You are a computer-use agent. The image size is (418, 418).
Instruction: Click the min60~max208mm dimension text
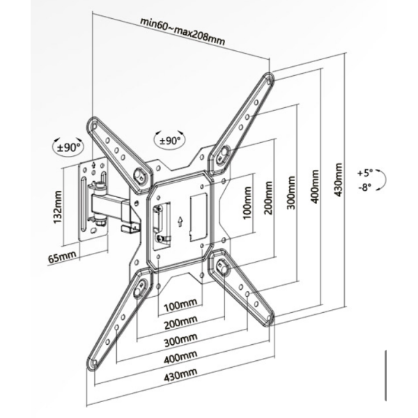pos(182,30)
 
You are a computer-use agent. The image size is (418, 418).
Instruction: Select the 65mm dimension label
pos(62,258)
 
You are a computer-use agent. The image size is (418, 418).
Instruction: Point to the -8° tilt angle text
pos(364,187)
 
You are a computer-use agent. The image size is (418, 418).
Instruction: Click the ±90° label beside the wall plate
pos(69,147)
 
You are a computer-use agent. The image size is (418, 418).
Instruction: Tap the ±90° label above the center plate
pos(170,140)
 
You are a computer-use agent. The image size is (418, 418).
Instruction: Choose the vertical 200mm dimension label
pos(268,198)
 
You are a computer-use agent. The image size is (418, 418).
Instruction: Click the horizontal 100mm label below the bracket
pos(179,306)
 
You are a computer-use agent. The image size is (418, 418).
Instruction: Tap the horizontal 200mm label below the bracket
pos(179,323)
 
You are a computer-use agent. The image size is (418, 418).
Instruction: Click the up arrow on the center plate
pos(180,222)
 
